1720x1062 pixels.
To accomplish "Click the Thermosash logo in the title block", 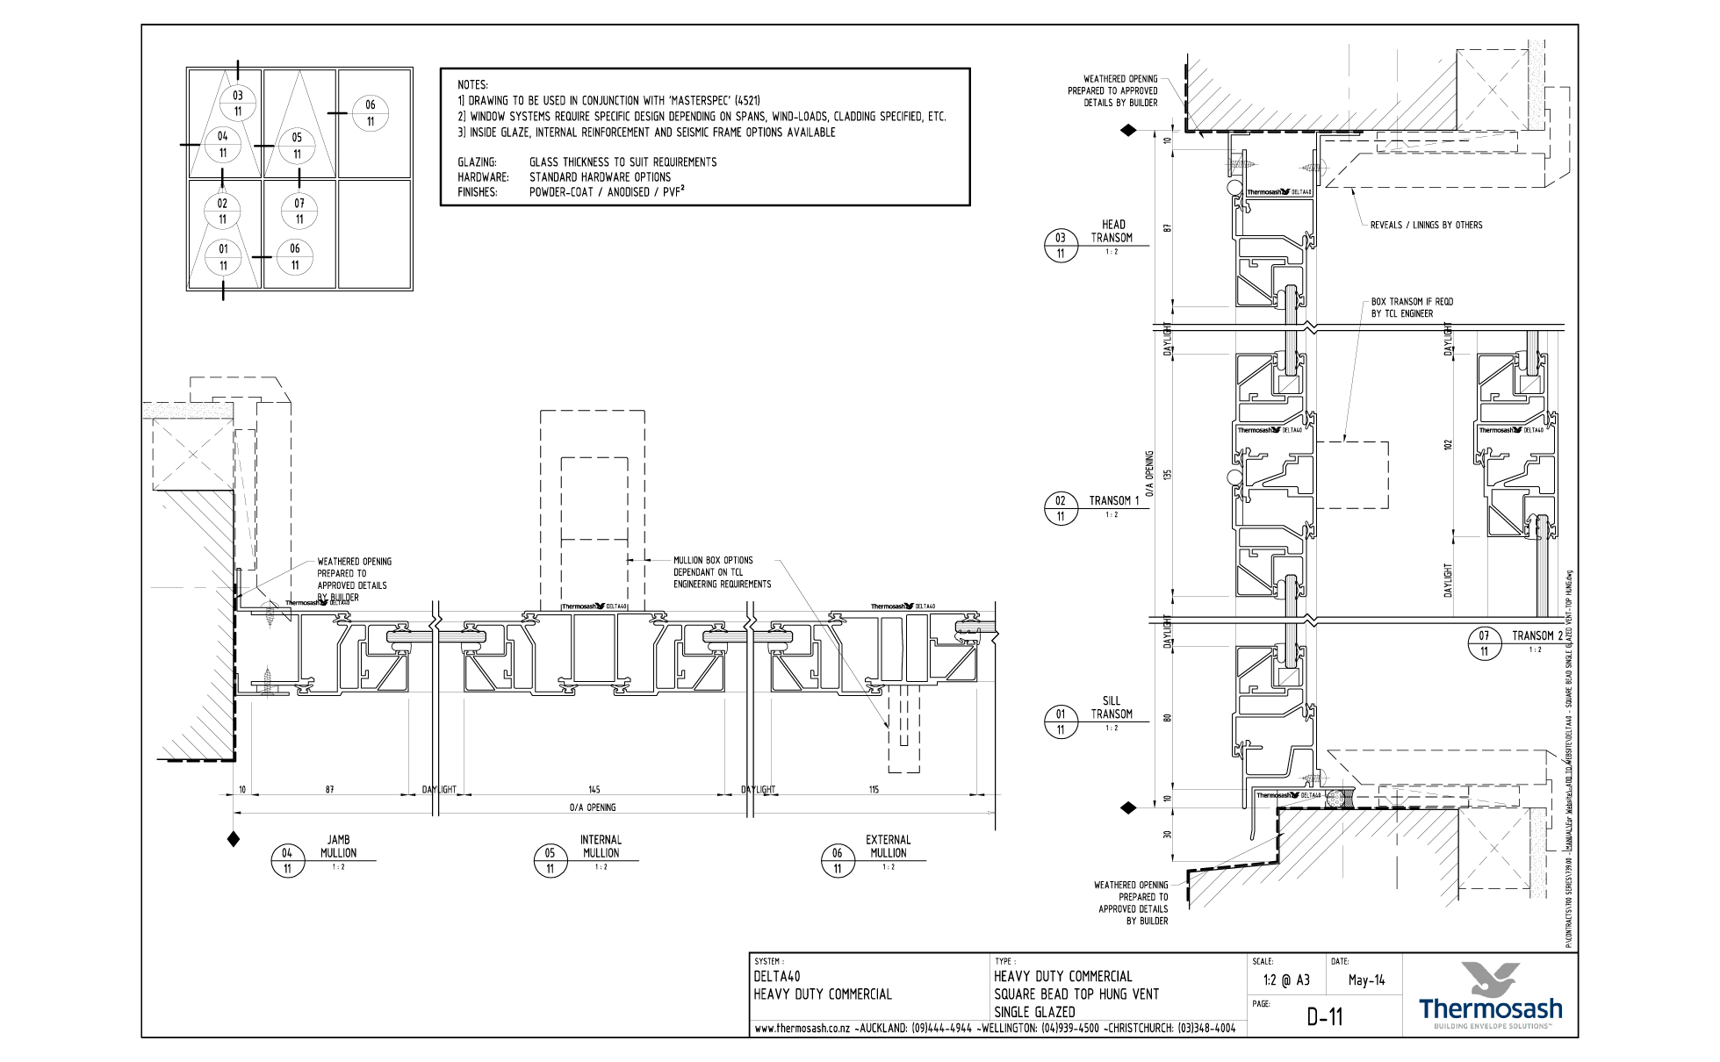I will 1490,995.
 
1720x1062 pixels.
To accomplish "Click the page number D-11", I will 1324,1017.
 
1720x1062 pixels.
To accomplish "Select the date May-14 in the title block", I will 1366,980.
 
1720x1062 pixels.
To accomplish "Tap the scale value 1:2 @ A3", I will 1286,980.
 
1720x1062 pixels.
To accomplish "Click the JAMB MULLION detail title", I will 338,846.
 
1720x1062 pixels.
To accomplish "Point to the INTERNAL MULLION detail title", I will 601,846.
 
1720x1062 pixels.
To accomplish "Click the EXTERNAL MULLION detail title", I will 888,846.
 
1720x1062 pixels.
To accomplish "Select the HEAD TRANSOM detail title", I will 1112,231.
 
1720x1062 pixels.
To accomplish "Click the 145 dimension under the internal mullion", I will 594,790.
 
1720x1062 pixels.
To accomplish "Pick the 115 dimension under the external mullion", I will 874,790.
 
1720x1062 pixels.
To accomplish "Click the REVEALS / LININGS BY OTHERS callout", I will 1426,226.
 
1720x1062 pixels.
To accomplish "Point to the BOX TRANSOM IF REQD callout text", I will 1412,307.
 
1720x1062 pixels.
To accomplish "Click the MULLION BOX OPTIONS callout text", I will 722,572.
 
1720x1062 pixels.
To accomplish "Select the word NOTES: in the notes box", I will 472,85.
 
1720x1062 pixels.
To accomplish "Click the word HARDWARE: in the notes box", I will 483,177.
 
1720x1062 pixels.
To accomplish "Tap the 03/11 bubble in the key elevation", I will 238,103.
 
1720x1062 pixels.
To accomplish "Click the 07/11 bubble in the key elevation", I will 299,211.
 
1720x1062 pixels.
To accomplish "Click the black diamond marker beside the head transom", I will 1129,131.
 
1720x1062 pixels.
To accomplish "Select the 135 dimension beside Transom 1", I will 1168,475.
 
